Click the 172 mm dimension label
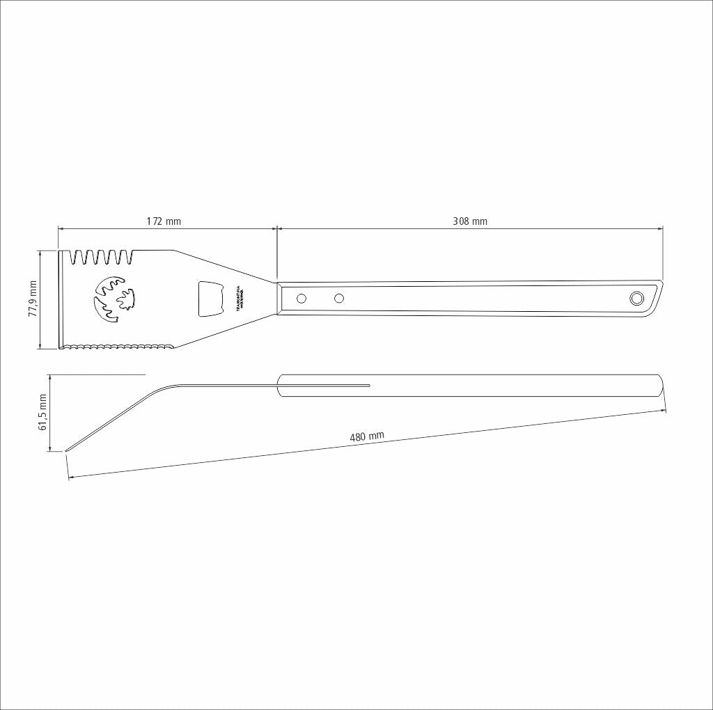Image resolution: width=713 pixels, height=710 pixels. [164, 221]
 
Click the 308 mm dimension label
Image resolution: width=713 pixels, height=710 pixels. [470, 221]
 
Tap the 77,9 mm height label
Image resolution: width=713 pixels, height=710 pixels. [32, 299]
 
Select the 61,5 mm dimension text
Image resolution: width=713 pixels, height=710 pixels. [43, 412]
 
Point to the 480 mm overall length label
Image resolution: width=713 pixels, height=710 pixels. [367, 437]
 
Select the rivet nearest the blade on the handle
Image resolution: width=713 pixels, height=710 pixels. [301, 299]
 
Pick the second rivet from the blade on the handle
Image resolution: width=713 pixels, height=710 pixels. [339, 299]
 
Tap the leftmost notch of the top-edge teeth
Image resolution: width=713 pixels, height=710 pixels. [75, 258]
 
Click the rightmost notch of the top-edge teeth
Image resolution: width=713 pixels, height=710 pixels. [125, 258]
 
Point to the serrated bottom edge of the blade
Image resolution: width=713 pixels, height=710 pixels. [118, 346]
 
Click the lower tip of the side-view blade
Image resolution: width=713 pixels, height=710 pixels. [68, 450]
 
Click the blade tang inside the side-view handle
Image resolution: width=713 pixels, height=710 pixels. [327, 384]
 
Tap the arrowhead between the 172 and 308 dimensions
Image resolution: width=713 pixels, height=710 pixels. [277, 228]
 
